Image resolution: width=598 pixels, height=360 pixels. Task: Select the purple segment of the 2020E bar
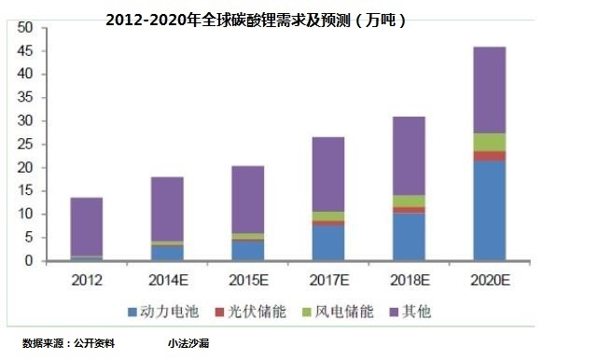(489, 90)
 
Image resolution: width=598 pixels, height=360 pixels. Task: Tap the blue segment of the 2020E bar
(489, 211)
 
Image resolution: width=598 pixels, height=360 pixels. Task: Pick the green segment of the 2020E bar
(489, 142)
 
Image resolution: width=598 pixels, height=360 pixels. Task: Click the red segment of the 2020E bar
(489, 156)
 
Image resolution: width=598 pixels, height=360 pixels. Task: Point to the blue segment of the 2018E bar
(409, 237)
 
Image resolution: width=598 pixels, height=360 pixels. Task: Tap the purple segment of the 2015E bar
(247, 200)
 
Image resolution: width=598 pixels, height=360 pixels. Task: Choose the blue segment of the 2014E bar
(167, 253)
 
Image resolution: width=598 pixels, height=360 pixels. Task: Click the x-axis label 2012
(87, 278)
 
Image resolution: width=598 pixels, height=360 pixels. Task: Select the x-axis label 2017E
(327, 278)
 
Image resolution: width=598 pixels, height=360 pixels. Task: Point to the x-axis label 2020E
(489, 278)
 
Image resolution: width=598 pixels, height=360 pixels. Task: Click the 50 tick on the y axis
(25, 28)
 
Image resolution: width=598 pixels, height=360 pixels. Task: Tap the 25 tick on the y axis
(25, 145)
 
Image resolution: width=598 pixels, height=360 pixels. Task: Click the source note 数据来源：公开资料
(69, 343)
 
